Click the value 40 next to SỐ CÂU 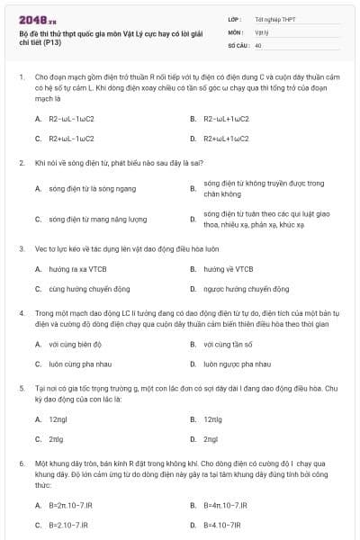(x=258, y=44)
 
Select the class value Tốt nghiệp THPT (x=274, y=18)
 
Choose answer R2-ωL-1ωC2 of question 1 (x=70, y=119)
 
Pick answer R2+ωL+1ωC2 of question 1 (x=227, y=139)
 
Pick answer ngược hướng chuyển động (x=246, y=289)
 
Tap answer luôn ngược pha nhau (x=237, y=364)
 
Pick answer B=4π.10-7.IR (x=226, y=505)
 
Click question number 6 (x=20, y=462)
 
